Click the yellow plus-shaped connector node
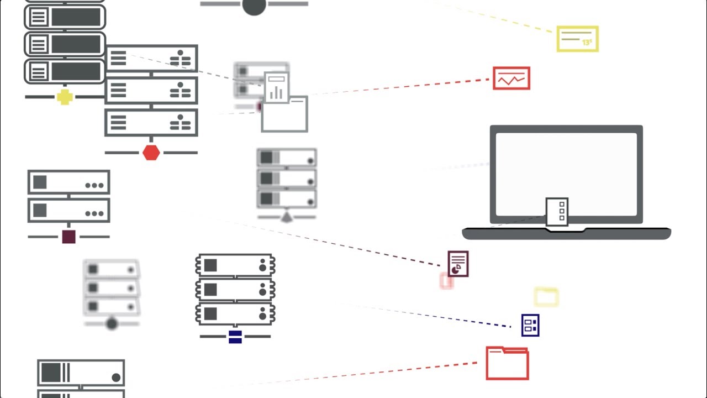[x=65, y=97]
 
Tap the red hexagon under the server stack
[x=151, y=153]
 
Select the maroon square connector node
[x=68, y=237]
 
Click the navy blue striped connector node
[x=235, y=336]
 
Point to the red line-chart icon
[x=511, y=78]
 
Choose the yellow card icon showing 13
[x=577, y=39]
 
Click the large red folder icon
[x=507, y=363]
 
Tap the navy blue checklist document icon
[x=530, y=325]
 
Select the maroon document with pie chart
[x=458, y=264]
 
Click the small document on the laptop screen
[x=557, y=212]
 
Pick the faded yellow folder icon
[x=546, y=297]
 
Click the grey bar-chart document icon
[x=276, y=88]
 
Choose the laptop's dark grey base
[x=566, y=234]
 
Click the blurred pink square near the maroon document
[x=446, y=281]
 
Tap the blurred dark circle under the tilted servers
[x=112, y=323]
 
